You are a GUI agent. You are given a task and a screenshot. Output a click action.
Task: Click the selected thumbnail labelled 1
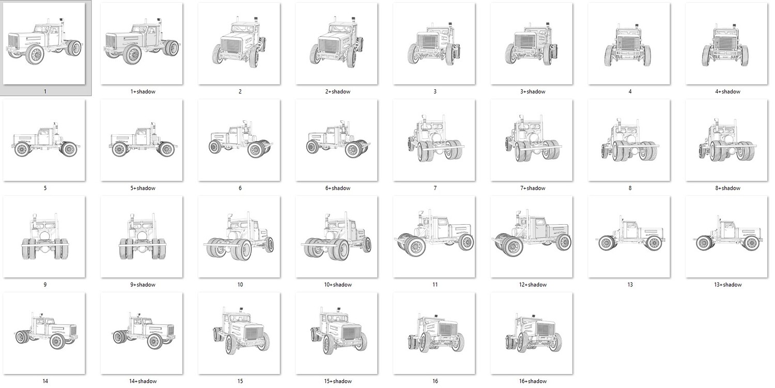click(x=44, y=43)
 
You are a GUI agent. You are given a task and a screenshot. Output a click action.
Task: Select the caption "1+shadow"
click(x=143, y=92)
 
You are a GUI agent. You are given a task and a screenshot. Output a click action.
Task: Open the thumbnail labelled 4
click(x=629, y=43)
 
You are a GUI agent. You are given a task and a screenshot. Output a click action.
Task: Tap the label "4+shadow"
click(x=727, y=92)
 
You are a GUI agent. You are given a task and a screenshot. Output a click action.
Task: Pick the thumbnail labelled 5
click(x=44, y=140)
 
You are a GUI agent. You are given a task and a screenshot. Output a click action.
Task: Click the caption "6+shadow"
click(x=338, y=188)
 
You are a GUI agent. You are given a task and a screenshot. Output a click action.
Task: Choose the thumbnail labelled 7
click(x=434, y=140)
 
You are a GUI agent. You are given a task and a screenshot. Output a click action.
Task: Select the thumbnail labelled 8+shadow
click(x=726, y=140)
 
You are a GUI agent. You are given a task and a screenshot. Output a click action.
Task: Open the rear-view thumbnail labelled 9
click(x=44, y=237)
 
